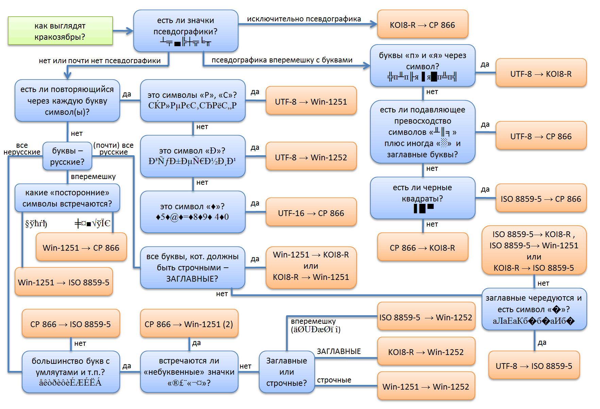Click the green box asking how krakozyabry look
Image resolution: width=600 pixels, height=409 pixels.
click(x=60, y=31)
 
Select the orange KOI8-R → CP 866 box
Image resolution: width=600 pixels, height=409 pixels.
click(x=422, y=24)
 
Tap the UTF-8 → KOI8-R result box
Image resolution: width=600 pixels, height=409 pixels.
click(x=541, y=73)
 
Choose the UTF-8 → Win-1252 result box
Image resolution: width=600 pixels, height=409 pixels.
click(x=311, y=157)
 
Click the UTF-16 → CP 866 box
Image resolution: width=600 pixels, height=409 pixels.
click(x=311, y=213)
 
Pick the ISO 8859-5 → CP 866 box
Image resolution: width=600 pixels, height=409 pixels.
click(x=541, y=198)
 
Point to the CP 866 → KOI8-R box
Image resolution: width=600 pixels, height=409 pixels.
click(x=422, y=247)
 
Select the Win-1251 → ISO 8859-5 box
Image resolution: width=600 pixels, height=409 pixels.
click(x=64, y=282)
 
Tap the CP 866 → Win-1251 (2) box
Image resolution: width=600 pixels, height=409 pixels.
click(x=189, y=324)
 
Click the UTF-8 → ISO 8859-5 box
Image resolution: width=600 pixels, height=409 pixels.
click(x=534, y=366)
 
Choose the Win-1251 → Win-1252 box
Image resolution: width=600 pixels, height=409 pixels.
click(x=426, y=386)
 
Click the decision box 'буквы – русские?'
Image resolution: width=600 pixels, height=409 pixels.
click(x=67, y=156)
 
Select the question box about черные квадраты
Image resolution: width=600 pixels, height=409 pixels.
click(x=422, y=198)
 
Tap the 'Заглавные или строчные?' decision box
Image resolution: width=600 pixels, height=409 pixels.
click(x=286, y=372)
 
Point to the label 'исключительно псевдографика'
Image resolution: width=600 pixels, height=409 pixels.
click(x=304, y=19)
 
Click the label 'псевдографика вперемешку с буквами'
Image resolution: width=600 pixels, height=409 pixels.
click(x=282, y=60)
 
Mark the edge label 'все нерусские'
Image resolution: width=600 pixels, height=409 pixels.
click(x=22, y=149)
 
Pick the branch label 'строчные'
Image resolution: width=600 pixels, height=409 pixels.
click(x=334, y=380)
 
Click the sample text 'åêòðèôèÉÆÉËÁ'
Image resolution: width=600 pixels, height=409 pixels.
click(x=70, y=383)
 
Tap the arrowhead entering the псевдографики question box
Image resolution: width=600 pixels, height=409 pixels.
click(x=130, y=31)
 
